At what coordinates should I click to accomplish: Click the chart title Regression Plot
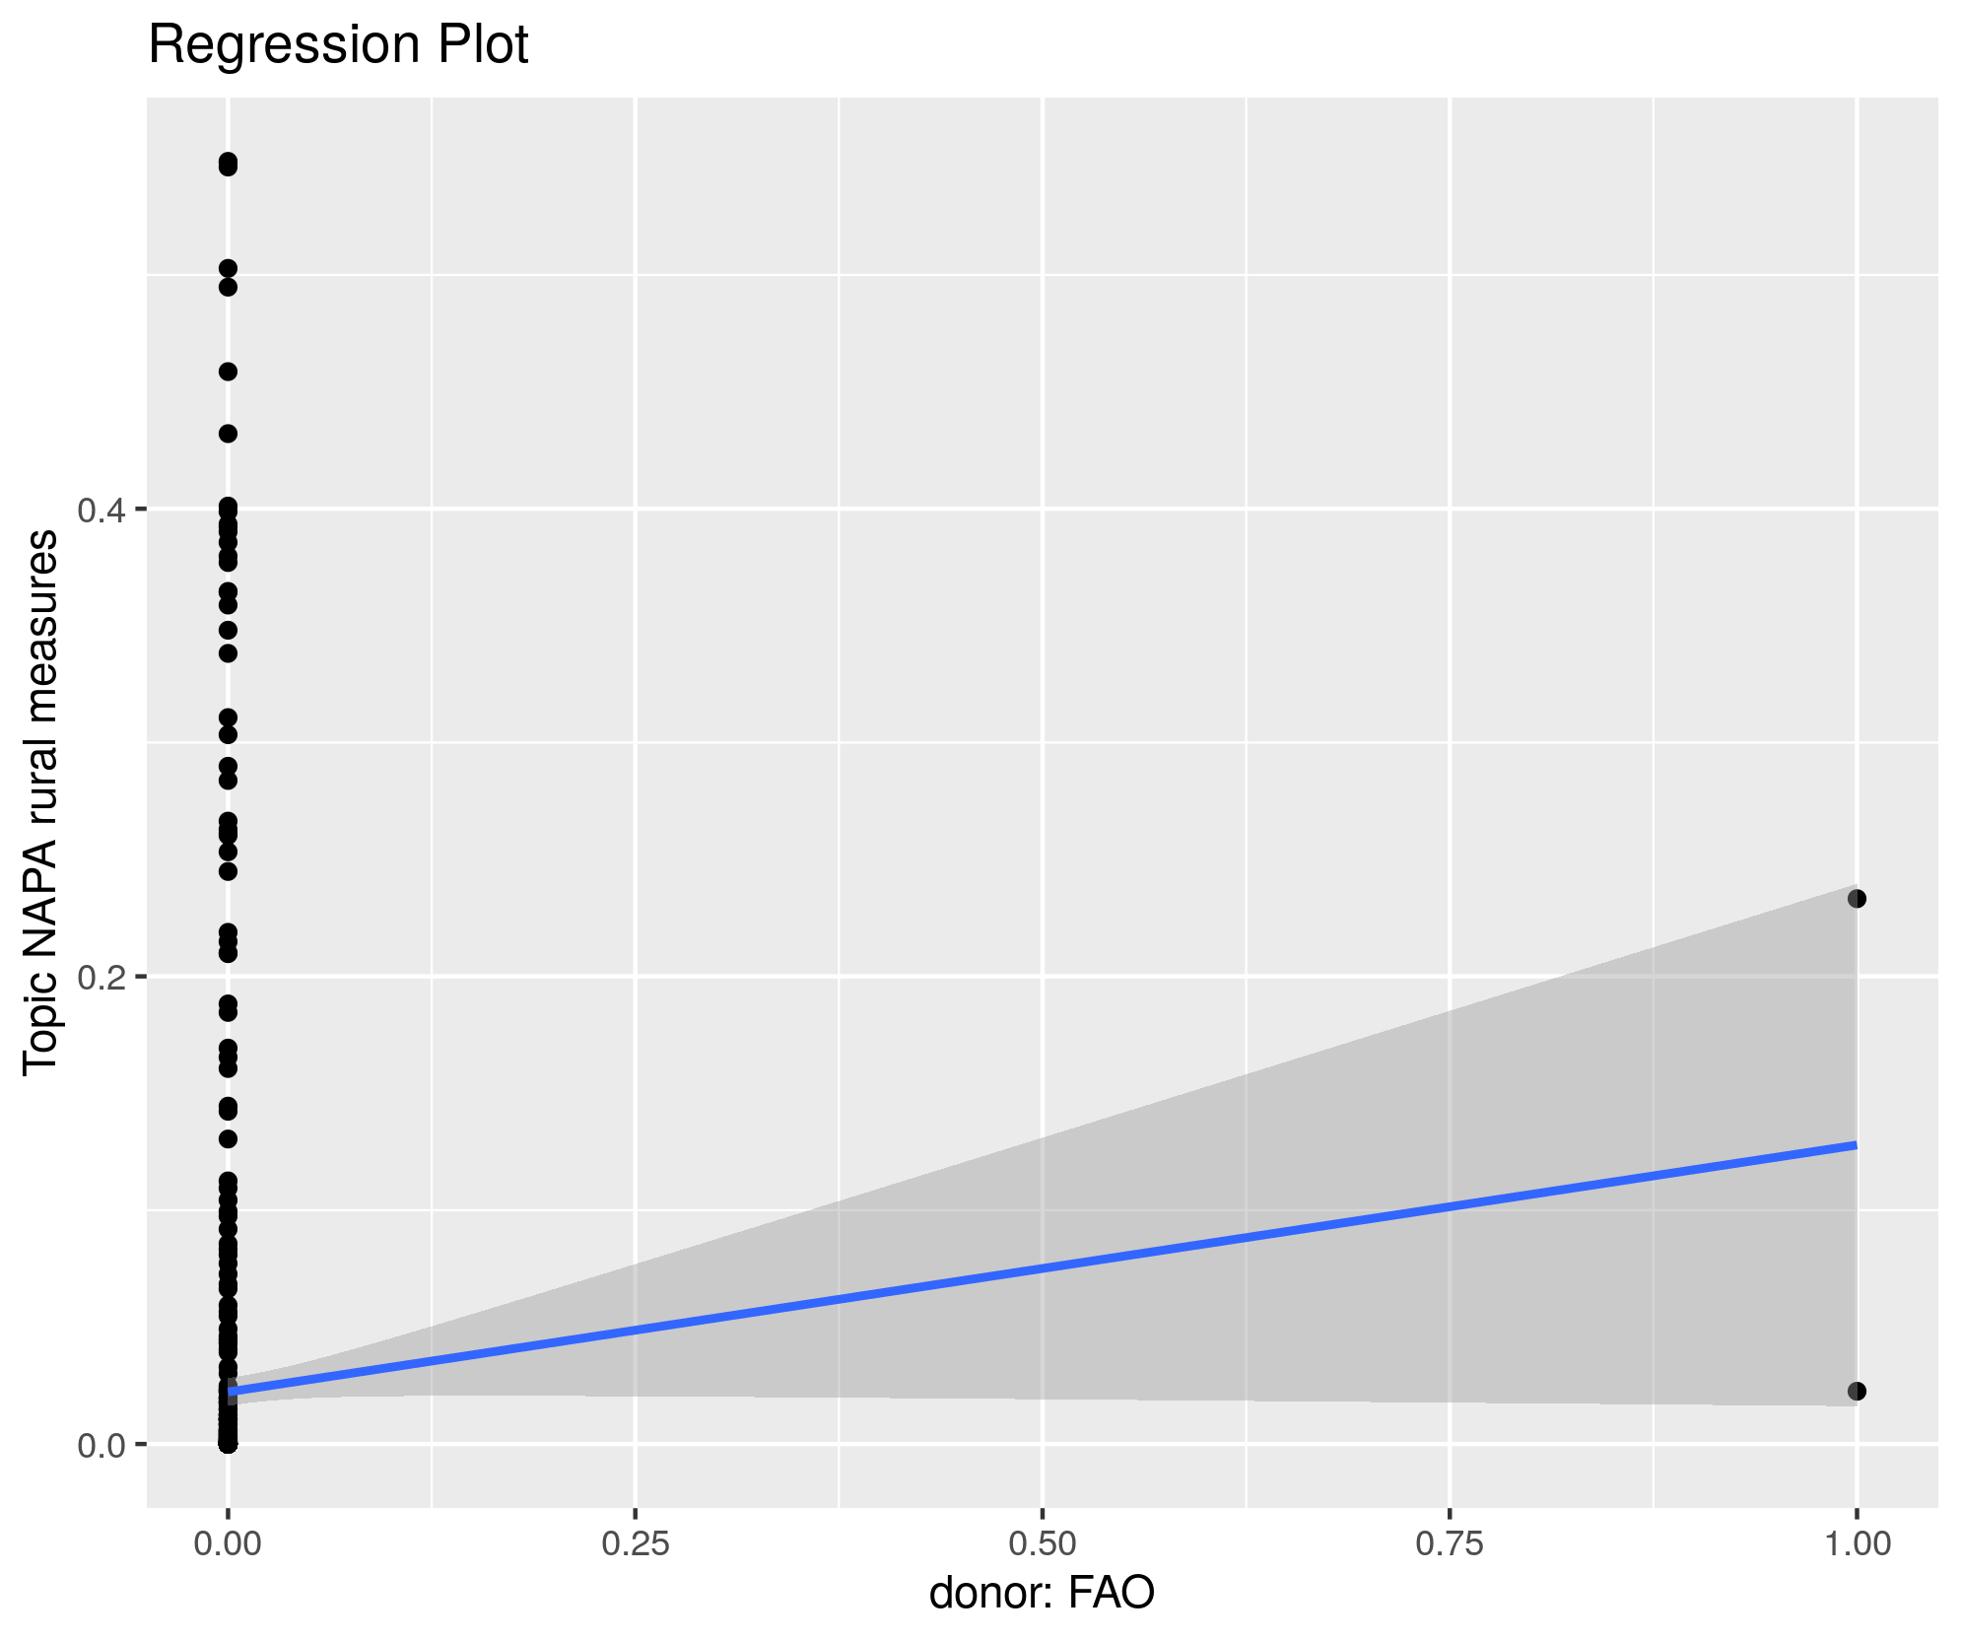pyautogui.click(x=338, y=45)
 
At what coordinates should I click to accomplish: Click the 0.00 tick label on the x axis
pyautogui.click(x=228, y=1544)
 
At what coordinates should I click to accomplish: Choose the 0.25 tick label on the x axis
pyautogui.click(x=636, y=1544)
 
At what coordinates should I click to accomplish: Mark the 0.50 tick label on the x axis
pyautogui.click(x=1043, y=1544)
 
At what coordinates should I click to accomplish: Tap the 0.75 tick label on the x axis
pyautogui.click(x=1450, y=1544)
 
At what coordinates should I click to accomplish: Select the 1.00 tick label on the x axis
pyautogui.click(x=1858, y=1544)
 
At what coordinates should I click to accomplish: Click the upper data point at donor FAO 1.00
pyautogui.click(x=1857, y=899)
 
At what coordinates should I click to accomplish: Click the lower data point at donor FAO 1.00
pyautogui.click(x=1857, y=1392)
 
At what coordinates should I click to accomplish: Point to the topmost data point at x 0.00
pyautogui.click(x=228, y=161)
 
